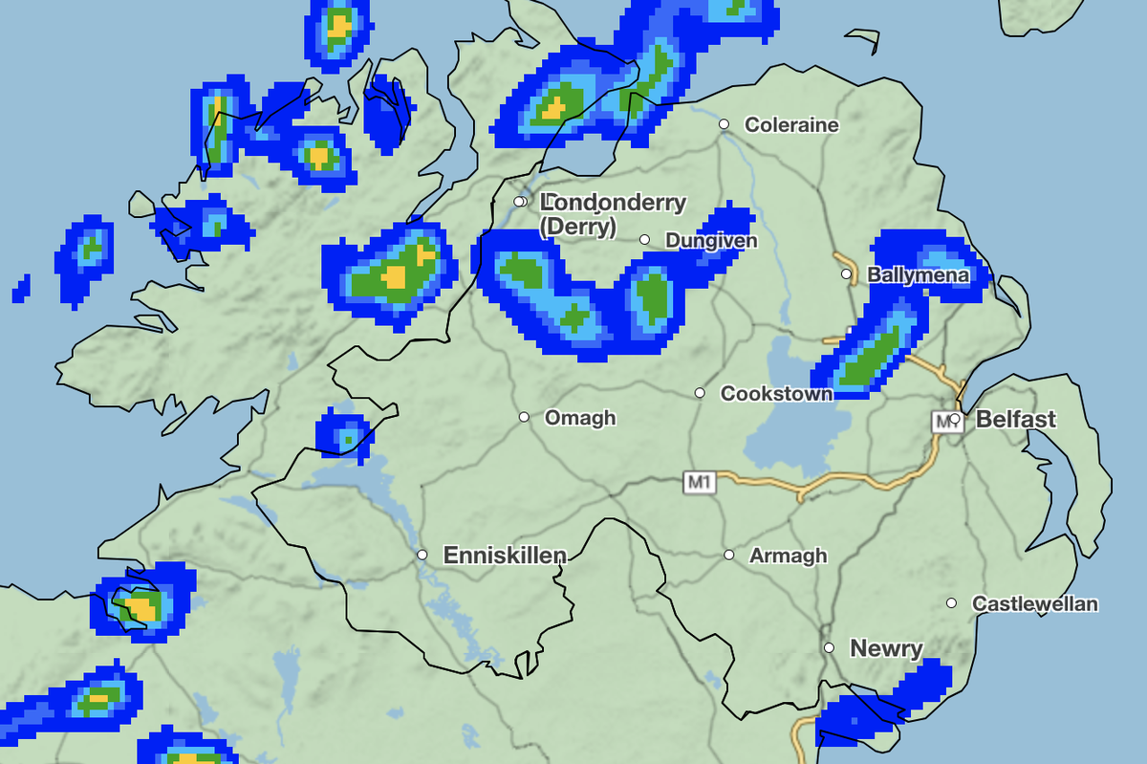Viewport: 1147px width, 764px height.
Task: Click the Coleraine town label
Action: coord(790,124)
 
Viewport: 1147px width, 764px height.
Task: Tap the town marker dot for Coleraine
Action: coord(725,124)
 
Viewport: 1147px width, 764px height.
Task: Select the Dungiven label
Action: coord(710,240)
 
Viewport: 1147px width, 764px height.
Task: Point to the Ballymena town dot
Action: coord(846,274)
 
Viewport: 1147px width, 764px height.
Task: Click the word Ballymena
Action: coord(918,275)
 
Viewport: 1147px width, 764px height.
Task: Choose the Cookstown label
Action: coord(776,393)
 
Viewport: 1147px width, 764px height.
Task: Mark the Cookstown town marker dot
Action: coord(700,393)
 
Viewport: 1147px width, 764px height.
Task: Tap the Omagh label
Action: coord(580,418)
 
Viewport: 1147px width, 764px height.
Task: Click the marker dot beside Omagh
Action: coord(524,417)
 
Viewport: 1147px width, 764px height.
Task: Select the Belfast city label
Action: coord(1016,418)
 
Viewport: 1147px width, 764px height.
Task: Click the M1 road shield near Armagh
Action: coord(700,483)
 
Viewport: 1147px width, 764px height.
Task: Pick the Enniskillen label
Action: coord(505,555)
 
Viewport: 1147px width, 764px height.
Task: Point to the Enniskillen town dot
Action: coord(422,555)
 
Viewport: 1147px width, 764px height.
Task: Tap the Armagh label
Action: coord(789,556)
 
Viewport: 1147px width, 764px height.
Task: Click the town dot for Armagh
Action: coord(729,555)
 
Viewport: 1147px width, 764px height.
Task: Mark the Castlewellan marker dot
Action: coord(952,602)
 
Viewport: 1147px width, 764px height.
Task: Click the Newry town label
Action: coord(886,648)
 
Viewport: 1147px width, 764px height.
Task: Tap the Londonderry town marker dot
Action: coord(519,202)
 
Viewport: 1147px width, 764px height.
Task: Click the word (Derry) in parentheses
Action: coord(578,227)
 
